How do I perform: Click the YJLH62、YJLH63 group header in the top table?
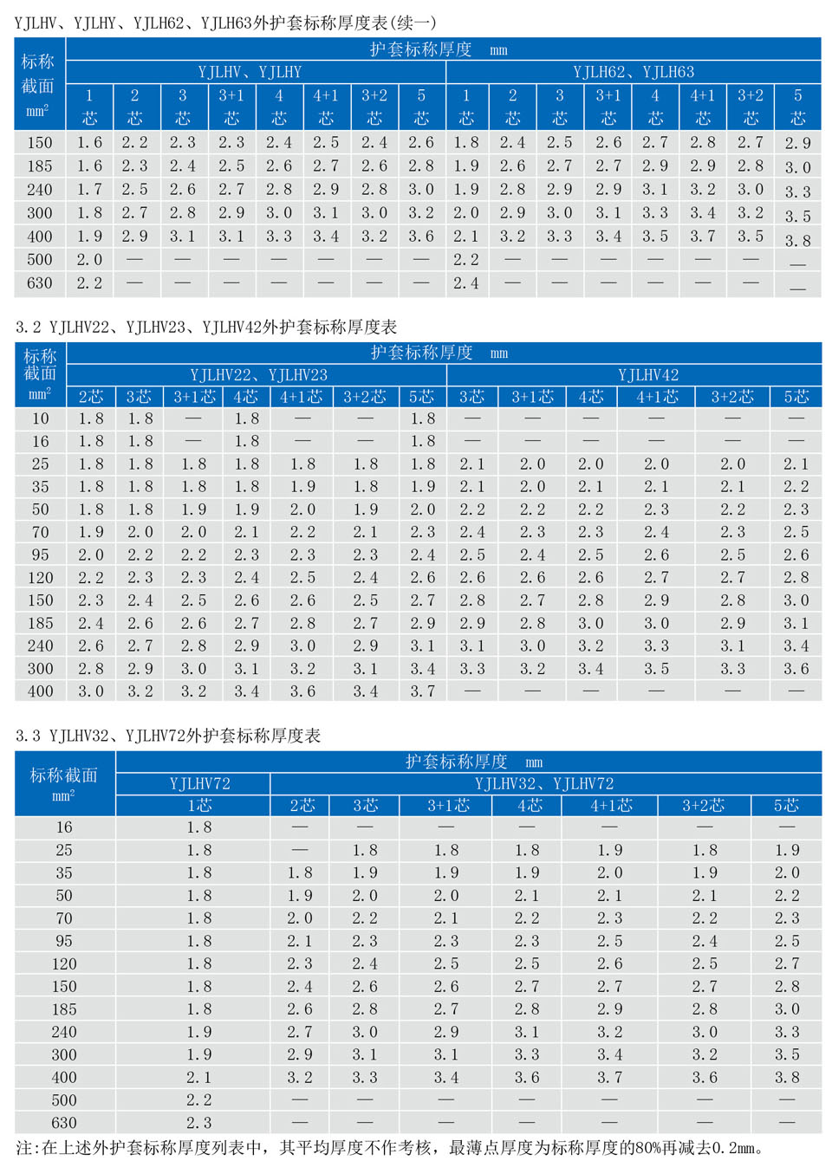[x=634, y=72]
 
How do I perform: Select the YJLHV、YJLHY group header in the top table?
[x=250, y=72]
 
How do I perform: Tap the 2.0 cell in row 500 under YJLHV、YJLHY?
[x=89, y=259]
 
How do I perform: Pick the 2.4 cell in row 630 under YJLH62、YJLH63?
[x=466, y=282]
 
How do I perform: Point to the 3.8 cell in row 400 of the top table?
[x=797, y=241]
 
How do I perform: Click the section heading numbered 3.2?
[x=206, y=327]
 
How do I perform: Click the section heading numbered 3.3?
[x=168, y=736]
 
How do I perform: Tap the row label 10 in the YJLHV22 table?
[x=41, y=418]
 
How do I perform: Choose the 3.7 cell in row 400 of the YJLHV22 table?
[x=423, y=691]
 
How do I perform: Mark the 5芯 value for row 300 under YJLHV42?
[x=796, y=669]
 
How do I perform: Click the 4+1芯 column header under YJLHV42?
[x=657, y=397]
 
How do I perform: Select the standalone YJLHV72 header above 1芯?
[x=200, y=783]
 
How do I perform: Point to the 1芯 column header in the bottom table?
[x=199, y=806]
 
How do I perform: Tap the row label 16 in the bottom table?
[x=64, y=827]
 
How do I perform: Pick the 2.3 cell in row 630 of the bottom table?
[x=199, y=1122]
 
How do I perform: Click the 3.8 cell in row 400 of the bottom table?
[x=787, y=1077]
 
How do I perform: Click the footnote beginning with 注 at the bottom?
[x=390, y=1148]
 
